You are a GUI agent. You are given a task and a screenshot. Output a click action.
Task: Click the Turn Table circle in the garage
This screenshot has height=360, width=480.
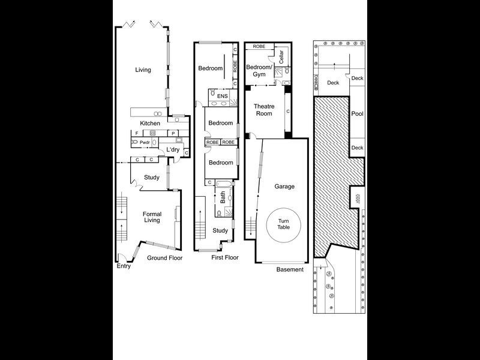pyautogui.click(x=283, y=225)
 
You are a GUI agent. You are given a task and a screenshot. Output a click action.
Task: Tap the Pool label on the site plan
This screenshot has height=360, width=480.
pyautogui.click(x=357, y=113)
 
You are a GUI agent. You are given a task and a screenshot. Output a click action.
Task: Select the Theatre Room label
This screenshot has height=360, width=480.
pyautogui.click(x=265, y=110)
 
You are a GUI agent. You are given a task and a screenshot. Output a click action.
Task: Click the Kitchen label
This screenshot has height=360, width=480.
pyautogui.click(x=150, y=123)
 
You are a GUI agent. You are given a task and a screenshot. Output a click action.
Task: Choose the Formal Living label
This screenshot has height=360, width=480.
pyautogui.click(x=152, y=217)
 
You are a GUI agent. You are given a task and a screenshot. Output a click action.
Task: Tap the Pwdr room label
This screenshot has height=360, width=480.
pyautogui.click(x=145, y=142)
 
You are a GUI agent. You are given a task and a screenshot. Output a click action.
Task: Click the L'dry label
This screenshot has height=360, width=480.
pyautogui.click(x=173, y=149)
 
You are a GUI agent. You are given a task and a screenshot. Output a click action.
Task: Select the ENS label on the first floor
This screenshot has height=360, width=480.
pyautogui.click(x=222, y=95)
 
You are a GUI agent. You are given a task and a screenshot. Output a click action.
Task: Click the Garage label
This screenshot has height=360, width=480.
pyautogui.click(x=284, y=186)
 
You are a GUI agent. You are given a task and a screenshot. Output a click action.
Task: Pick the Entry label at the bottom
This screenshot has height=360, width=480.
pyautogui.click(x=124, y=266)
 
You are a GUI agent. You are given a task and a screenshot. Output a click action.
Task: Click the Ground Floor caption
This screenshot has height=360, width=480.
pyautogui.click(x=164, y=258)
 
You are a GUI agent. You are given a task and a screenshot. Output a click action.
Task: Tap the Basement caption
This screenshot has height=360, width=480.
pyautogui.click(x=290, y=269)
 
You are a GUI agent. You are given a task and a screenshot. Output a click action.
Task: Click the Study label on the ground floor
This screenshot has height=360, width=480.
pyautogui.click(x=151, y=177)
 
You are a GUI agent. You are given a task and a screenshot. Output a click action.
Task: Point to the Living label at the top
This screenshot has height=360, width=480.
pyautogui.click(x=143, y=70)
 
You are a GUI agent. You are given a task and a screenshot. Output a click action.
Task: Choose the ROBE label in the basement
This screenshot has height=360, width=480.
pyautogui.click(x=259, y=46)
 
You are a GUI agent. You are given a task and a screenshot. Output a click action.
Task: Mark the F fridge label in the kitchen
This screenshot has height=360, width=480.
pyautogui.click(x=137, y=133)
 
